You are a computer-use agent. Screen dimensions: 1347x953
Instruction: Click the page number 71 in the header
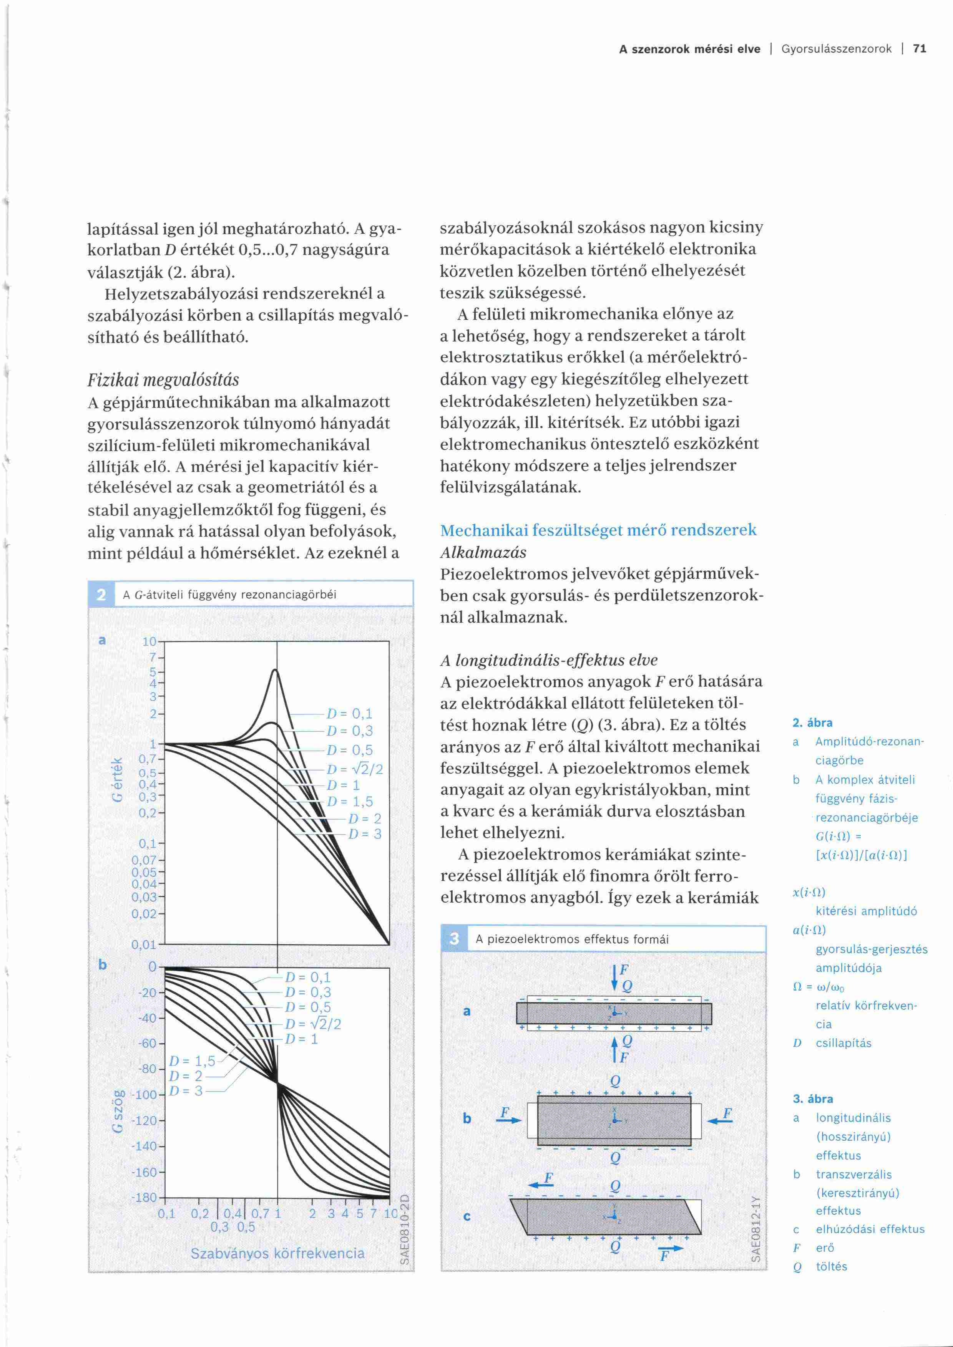click(920, 49)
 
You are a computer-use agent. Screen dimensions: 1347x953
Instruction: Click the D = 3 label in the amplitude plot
click(364, 833)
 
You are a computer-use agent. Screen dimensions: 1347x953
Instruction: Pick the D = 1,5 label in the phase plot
click(192, 1061)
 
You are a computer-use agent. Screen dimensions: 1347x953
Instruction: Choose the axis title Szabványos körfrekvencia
click(277, 1253)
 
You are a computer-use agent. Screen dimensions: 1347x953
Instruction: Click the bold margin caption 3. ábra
click(813, 1099)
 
